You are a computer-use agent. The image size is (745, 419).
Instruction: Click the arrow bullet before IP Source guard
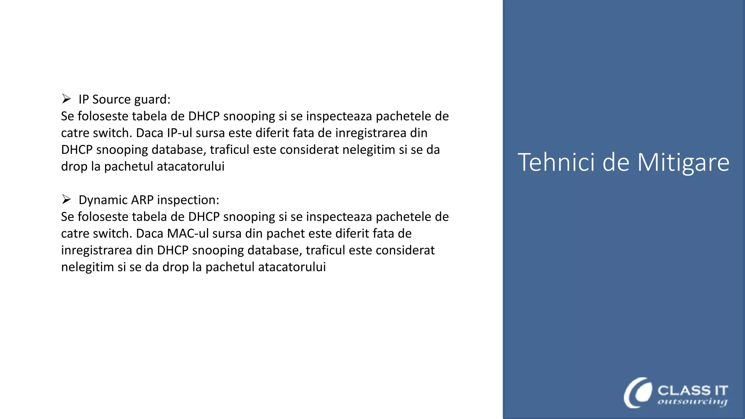[x=66, y=99]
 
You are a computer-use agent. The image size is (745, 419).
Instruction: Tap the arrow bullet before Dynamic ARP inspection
[x=66, y=199]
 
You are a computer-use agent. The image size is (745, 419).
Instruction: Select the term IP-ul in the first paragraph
[x=179, y=133]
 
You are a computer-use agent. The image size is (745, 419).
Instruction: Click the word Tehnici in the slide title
[x=557, y=162]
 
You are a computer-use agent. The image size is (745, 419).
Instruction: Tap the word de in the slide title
[x=616, y=162]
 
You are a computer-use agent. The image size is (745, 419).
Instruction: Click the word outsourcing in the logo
[x=692, y=402]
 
